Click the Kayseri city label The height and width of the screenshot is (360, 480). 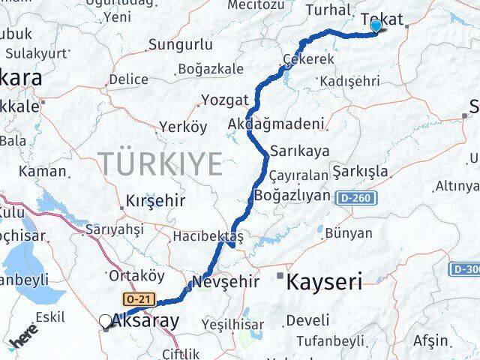tap(325, 282)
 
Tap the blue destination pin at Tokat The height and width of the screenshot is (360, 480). tap(376, 26)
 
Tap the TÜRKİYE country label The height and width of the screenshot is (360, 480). tap(160, 163)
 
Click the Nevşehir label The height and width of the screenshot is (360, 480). tap(226, 282)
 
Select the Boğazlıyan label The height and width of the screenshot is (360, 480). tap(292, 195)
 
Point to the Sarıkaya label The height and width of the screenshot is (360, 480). tap(300, 151)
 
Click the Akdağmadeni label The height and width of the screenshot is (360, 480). tap(277, 124)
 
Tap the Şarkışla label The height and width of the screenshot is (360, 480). tap(361, 170)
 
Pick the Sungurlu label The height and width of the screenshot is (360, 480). tap(180, 45)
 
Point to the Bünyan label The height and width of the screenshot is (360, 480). tap(349, 233)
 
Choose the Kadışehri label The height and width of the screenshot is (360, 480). tap(349, 81)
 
